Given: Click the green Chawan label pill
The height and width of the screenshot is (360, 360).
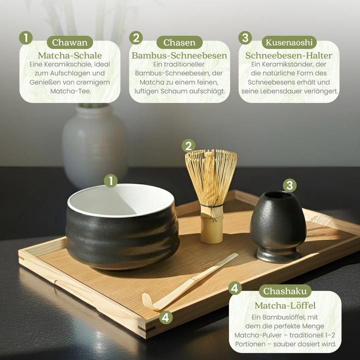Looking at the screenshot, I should [x=70, y=42].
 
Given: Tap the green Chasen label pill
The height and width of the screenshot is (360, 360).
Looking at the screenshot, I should [x=179, y=42].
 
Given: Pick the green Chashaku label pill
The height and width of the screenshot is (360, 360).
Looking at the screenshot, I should [x=285, y=291].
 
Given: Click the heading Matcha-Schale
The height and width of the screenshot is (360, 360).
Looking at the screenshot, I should [x=70, y=55].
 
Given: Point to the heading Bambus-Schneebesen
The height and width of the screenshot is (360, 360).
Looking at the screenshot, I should [x=179, y=55].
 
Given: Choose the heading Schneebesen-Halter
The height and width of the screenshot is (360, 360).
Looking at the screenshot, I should [x=289, y=55].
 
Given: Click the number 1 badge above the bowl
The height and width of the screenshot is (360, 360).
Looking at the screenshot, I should [x=110, y=180].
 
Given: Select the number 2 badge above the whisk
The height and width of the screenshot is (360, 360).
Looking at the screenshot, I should [x=188, y=145].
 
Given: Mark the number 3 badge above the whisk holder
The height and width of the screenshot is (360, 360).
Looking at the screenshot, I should [x=289, y=185].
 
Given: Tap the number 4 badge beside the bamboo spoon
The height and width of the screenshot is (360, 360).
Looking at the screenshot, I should [x=166, y=317].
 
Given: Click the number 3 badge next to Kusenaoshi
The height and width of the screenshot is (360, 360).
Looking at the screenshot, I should [x=245, y=38].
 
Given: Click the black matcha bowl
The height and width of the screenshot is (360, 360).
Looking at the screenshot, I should [x=120, y=235].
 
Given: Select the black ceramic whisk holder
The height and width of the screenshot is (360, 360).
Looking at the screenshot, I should [x=278, y=225].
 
